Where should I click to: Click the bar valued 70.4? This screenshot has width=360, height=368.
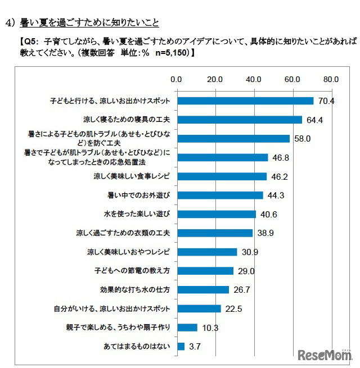[245, 101]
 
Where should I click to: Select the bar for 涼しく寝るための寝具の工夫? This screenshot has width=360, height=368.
[240, 120]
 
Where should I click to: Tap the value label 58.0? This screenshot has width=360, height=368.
[301, 139]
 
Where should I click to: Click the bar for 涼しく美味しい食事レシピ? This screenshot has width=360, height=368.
[222, 176]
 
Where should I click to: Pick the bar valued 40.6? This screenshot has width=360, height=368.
[217, 214]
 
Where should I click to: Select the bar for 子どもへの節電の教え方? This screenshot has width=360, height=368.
[205, 271]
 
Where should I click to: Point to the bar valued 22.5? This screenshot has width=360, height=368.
[199, 308]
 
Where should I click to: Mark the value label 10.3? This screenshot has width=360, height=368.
[209, 328]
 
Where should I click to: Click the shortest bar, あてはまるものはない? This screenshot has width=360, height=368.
[181, 346]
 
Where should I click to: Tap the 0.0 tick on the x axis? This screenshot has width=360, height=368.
[178, 79]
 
